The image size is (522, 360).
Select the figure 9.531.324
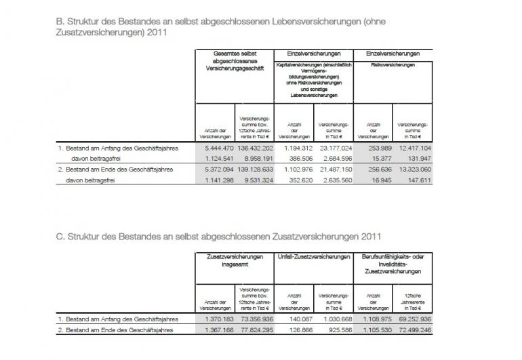tap(256, 180)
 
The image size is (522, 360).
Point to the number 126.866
tap(298, 330)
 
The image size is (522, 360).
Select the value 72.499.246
tap(415, 330)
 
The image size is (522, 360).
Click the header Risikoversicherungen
tap(393, 65)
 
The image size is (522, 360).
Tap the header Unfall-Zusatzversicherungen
tap(314, 259)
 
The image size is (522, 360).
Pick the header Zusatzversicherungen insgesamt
tap(235, 262)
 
